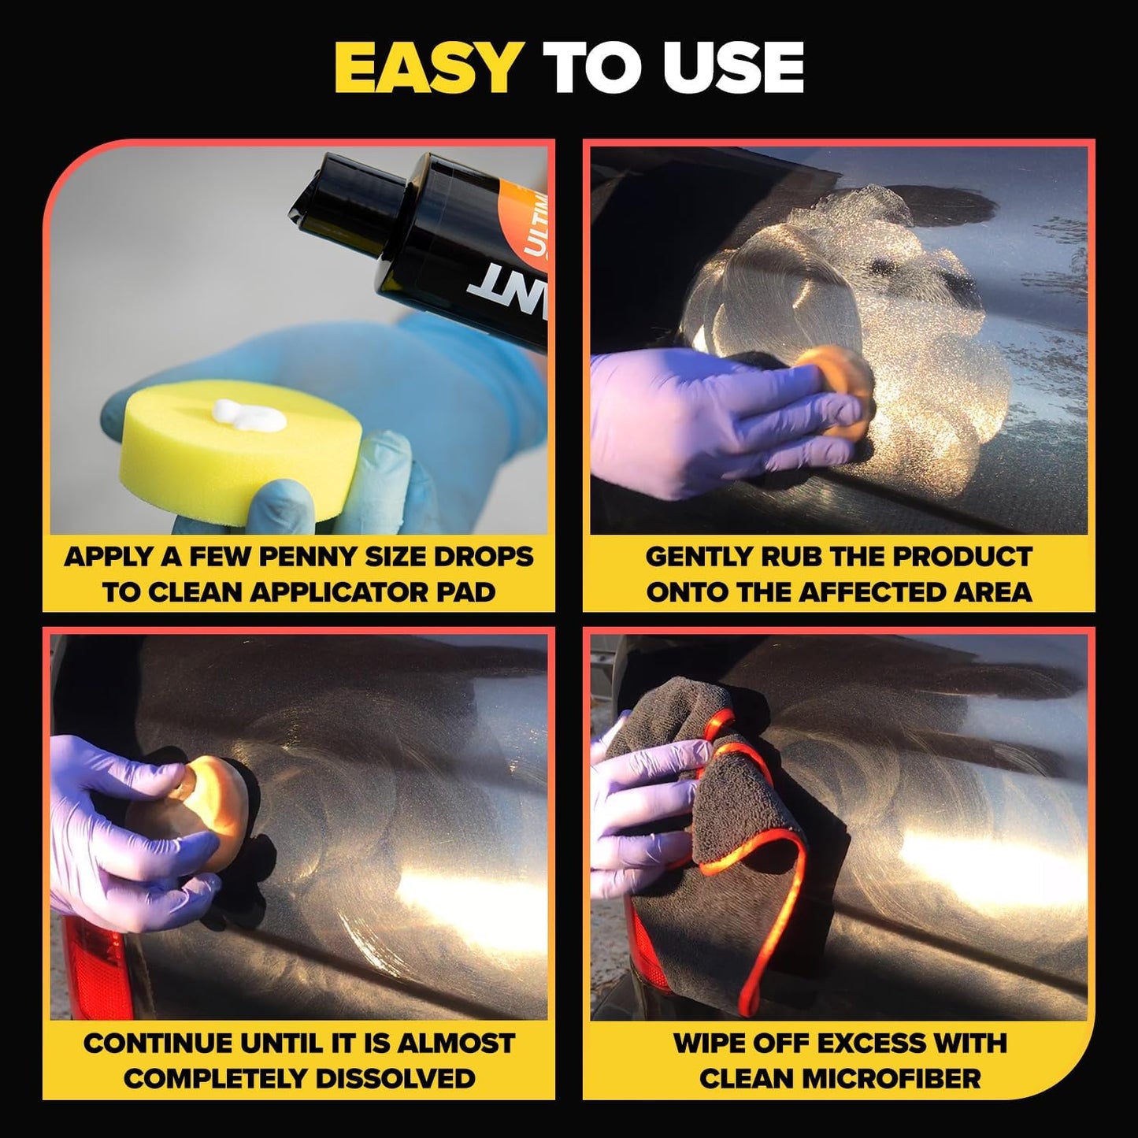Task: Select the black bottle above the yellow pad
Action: (441, 228)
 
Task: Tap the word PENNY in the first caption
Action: (312, 557)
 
